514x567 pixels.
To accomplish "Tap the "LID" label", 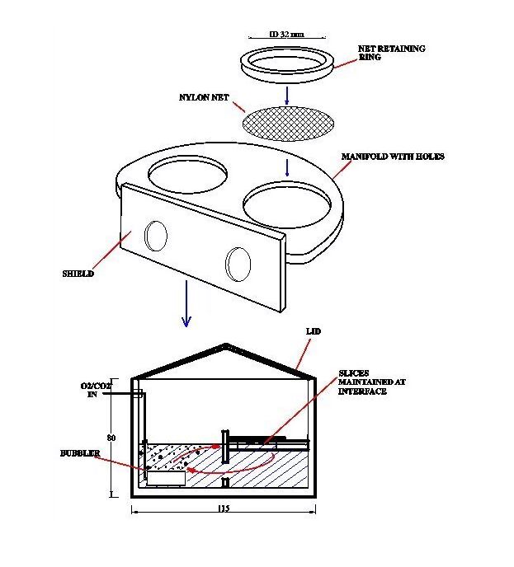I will pyautogui.click(x=313, y=330).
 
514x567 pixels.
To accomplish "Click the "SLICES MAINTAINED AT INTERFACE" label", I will pyautogui.click(x=363, y=382).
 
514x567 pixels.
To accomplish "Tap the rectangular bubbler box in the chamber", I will pyautogui.click(x=167, y=478).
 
